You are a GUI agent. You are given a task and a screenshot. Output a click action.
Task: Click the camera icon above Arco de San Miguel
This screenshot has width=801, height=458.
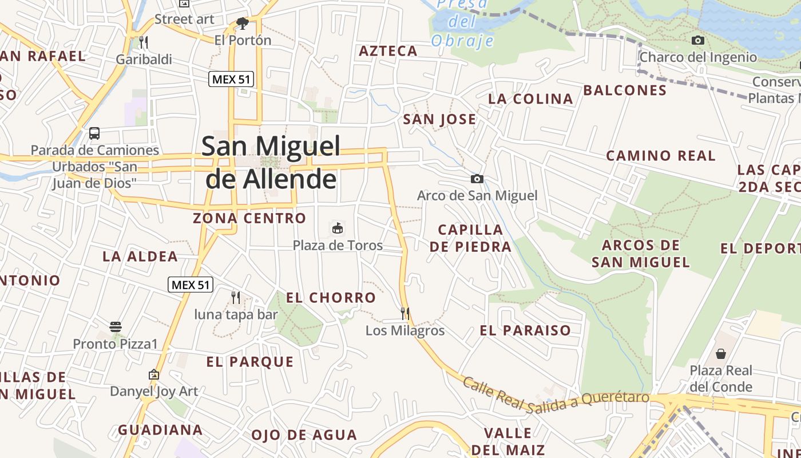(477, 179)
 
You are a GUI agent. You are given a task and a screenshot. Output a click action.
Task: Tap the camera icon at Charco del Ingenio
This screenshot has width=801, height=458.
(697, 40)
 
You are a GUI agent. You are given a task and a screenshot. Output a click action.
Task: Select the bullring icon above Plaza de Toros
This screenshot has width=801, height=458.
(338, 228)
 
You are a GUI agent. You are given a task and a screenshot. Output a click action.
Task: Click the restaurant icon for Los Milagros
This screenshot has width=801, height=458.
(405, 313)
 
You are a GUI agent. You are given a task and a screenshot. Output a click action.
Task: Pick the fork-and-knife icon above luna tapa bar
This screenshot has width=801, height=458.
(235, 297)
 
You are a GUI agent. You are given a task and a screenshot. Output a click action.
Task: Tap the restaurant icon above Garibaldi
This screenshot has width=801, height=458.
(144, 42)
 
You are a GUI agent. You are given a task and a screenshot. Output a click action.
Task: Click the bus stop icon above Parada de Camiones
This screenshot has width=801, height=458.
(94, 133)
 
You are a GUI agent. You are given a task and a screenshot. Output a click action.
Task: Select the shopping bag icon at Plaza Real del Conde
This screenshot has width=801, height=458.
(720, 354)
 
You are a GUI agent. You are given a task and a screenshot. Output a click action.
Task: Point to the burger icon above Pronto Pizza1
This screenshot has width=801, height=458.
(116, 327)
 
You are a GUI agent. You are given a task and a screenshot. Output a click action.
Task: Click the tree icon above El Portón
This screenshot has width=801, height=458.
(243, 23)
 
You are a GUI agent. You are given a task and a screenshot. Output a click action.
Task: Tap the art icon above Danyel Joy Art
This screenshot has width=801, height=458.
(153, 374)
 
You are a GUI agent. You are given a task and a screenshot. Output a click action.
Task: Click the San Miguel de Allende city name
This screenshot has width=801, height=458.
(271, 163)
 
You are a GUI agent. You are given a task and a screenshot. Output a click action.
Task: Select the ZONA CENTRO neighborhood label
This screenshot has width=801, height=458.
(249, 218)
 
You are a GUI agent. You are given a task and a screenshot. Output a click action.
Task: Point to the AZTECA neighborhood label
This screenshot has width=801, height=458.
(388, 51)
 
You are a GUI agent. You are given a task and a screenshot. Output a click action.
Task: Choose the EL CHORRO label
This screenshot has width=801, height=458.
(331, 298)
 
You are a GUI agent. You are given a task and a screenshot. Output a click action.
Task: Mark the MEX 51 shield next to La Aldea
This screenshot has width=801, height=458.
(191, 284)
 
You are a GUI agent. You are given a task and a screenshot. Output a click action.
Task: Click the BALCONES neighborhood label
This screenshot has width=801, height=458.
(625, 90)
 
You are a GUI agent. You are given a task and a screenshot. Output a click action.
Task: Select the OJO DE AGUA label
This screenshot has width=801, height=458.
(304, 435)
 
